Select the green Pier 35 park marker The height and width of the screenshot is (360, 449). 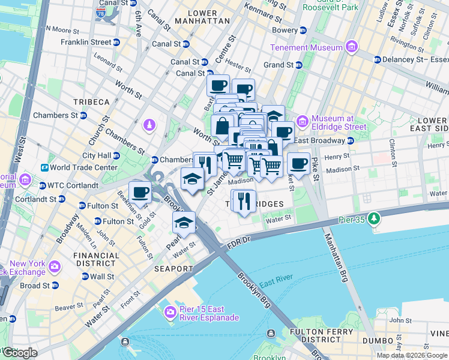pos(375,217)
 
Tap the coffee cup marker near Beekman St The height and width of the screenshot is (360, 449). pos(140,193)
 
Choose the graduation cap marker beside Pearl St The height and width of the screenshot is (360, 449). pos(184,223)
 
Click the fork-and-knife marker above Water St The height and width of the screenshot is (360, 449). pos(243,200)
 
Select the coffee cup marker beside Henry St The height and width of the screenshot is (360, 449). pos(298,163)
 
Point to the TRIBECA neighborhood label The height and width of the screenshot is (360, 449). pos(91,102)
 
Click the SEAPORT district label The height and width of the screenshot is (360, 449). pos(173,269)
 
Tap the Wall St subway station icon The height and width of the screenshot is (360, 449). pos(85,277)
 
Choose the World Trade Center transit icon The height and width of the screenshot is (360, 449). pos(44,167)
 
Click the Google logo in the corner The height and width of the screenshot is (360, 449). pos(19,352)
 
